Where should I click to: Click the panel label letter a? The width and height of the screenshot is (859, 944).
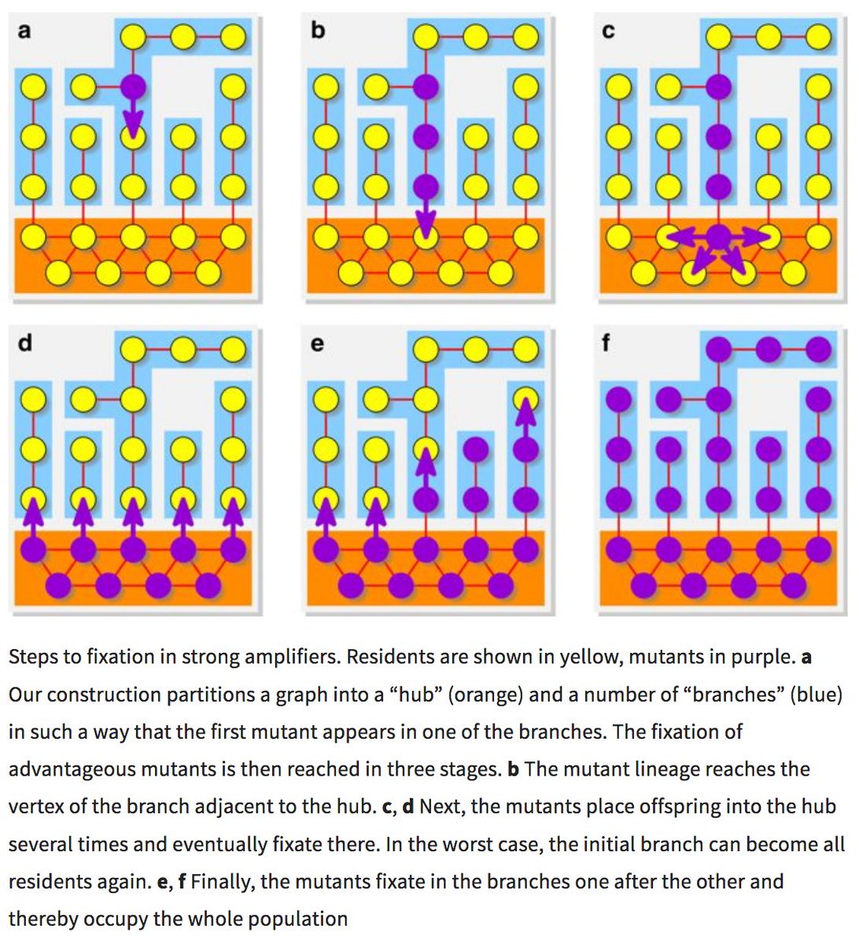coord(24,32)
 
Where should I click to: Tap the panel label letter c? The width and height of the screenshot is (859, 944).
coord(608,32)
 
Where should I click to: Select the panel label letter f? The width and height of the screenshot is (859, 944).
coord(606,345)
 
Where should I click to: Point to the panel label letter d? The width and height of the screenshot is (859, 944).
coord(24,344)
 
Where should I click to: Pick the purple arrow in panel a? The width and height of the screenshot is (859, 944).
coord(133,118)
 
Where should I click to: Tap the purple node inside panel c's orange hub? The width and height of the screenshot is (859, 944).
coord(718,235)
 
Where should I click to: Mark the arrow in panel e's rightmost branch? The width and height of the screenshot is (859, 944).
coord(525,417)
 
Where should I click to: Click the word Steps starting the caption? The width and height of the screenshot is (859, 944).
coord(35,657)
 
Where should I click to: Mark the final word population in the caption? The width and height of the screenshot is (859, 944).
coord(304,919)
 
